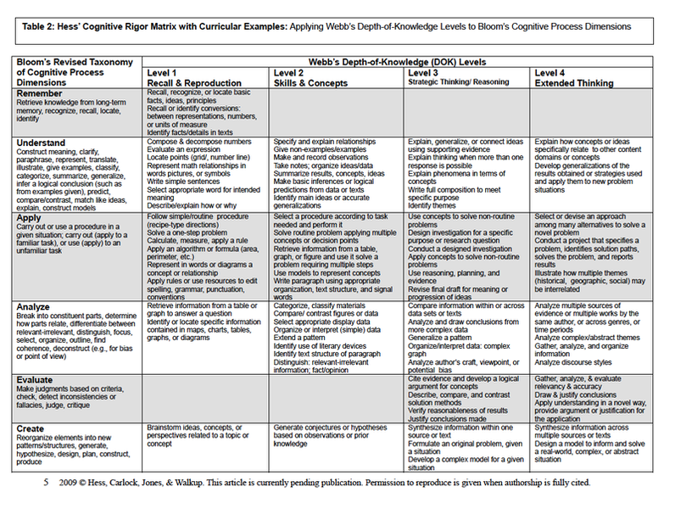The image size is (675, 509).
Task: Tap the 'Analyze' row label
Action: (x=36, y=307)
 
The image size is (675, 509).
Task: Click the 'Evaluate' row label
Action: (x=37, y=381)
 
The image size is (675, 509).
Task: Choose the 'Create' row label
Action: (x=32, y=429)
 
